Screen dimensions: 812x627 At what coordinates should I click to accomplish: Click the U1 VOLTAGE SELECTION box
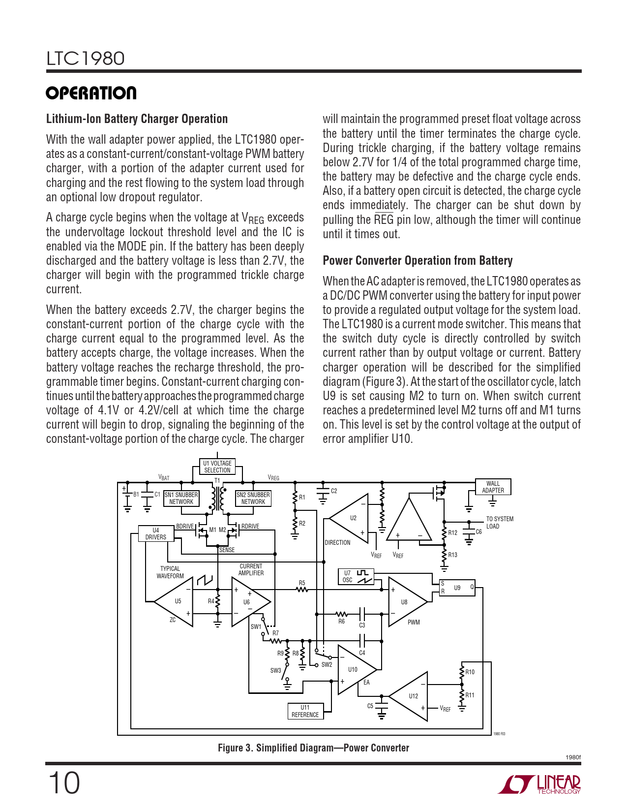[x=217, y=467]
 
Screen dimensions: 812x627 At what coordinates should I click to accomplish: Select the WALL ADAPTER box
[x=493, y=487]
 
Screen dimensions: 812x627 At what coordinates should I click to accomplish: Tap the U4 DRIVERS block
[x=156, y=533]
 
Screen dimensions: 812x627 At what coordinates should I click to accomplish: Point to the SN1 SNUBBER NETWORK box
[x=181, y=498]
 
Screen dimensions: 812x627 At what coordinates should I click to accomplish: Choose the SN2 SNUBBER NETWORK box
[x=253, y=498]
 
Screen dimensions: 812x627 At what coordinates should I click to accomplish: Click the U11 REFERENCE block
[x=305, y=711]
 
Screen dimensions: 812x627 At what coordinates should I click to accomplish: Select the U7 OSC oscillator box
[x=356, y=576]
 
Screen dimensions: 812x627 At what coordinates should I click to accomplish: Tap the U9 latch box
[x=457, y=588]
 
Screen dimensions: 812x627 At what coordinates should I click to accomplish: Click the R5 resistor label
[x=302, y=583]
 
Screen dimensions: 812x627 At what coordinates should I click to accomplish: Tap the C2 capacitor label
[x=334, y=491]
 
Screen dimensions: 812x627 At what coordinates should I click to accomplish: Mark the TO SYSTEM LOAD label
[x=499, y=523]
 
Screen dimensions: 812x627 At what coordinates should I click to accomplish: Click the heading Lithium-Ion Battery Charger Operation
[x=137, y=119]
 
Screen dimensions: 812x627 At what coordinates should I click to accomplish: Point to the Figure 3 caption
[x=313, y=748]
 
